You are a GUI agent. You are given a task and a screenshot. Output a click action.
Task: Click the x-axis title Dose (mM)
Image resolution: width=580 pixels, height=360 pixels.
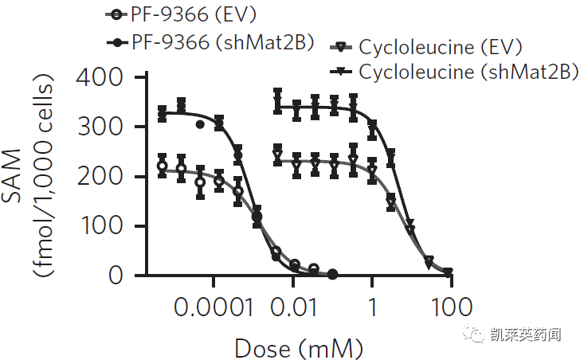(x=298, y=347)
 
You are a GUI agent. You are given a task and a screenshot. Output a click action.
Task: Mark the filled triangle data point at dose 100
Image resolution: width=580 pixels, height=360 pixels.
(x=449, y=272)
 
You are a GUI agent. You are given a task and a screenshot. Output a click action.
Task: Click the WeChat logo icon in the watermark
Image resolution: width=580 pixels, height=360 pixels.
(x=476, y=335)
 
